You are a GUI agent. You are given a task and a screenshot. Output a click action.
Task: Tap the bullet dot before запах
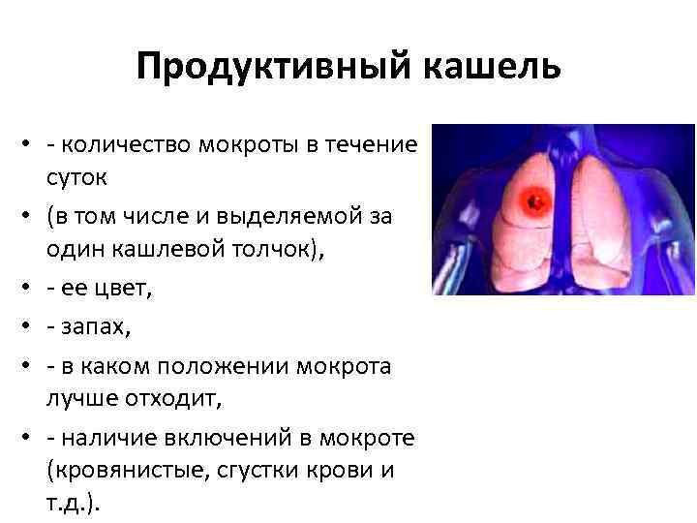click(x=21, y=328)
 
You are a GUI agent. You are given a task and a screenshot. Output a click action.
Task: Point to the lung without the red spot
click(x=604, y=223)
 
